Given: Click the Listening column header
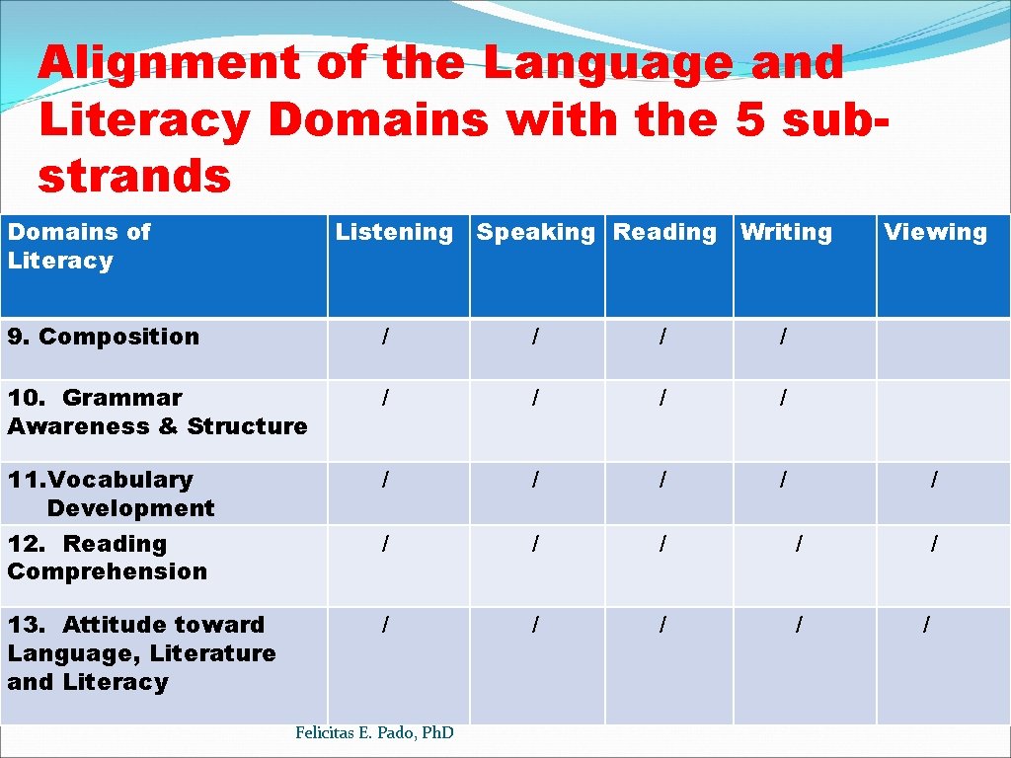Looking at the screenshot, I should click(394, 233).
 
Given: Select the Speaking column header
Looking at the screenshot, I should click(535, 233).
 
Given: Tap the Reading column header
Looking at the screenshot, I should click(664, 233).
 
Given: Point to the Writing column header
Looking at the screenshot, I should click(786, 233).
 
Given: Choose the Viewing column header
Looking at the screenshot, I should click(935, 233).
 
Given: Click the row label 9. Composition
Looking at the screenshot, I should click(104, 337).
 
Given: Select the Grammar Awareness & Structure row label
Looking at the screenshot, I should click(157, 413).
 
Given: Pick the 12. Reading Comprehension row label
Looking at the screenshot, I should click(107, 558).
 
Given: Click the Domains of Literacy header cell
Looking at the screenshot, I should click(79, 247).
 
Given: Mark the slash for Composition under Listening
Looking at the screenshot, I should click(385, 338).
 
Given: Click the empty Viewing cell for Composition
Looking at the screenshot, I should click(943, 348).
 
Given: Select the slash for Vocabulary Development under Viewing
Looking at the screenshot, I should click(934, 480).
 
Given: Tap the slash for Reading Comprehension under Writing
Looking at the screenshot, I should click(799, 543).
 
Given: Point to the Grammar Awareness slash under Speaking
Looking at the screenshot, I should click(535, 398).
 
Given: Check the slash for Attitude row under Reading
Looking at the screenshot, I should click(662, 625).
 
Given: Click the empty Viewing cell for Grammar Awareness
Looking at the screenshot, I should click(943, 420).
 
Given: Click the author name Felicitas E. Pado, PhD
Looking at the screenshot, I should click(374, 732).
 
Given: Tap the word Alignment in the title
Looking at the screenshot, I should click(168, 63).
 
